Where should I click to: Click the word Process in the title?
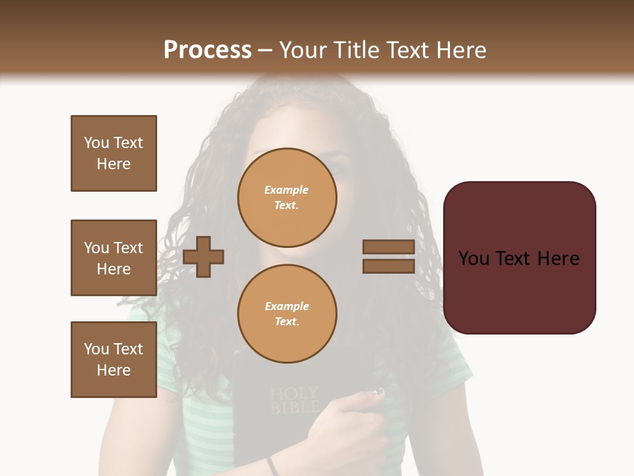click(207, 50)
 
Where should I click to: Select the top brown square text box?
click(114, 153)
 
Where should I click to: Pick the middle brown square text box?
click(114, 258)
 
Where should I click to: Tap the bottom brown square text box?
click(114, 360)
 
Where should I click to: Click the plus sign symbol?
click(203, 256)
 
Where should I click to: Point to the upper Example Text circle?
click(287, 198)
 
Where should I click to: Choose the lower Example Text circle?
click(287, 314)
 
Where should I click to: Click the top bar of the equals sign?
click(388, 247)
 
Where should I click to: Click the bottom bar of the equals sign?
click(388, 266)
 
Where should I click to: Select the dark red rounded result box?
click(519, 258)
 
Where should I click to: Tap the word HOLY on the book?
click(295, 394)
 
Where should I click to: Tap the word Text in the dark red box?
click(518, 258)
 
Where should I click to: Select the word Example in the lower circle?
click(287, 306)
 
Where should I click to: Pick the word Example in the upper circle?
click(287, 190)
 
